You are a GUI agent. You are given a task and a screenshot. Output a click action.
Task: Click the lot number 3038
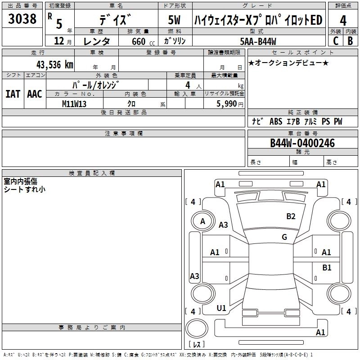tap(22, 19)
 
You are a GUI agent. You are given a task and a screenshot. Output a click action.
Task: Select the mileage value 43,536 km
tap(49, 64)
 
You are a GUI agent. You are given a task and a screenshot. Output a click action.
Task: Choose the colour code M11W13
tap(74, 103)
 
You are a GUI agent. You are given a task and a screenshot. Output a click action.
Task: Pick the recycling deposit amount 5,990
tap(224, 103)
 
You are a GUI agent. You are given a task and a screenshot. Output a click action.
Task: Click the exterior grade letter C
tap(335, 40)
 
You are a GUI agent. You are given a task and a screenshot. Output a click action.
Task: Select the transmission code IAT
tap(13, 94)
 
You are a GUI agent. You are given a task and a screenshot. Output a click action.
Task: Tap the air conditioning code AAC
tap(35, 94)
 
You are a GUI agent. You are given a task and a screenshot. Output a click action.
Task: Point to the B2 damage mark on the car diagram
tap(291, 216)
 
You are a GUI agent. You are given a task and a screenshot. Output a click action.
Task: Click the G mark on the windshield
tap(284, 237)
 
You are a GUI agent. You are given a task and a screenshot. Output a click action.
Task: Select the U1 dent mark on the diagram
tap(221, 308)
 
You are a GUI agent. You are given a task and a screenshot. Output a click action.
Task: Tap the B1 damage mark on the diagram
tap(327, 268)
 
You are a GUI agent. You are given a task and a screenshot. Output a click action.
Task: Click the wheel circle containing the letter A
tap(202, 221)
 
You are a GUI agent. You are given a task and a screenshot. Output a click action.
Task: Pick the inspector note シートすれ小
tap(24, 189)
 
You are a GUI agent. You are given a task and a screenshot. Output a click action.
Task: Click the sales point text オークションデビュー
tap(288, 63)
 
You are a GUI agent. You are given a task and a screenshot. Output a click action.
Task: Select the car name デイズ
tap(115, 20)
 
